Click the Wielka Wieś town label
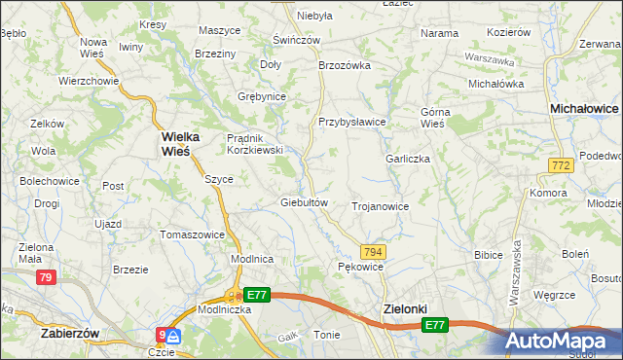(x=175, y=144)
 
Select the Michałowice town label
(x=585, y=110)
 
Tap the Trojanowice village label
(x=380, y=206)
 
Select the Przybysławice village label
(x=352, y=122)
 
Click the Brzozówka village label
(x=345, y=65)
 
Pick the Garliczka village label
(x=408, y=159)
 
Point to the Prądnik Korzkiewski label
(x=254, y=144)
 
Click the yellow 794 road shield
(x=374, y=251)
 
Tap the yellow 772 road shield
(x=559, y=167)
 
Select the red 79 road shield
(x=46, y=278)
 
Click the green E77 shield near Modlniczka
(x=257, y=295)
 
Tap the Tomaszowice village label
(x=193, y=234)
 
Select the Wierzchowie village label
(x=88, y=81)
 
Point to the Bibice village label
(x=487, y=255)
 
